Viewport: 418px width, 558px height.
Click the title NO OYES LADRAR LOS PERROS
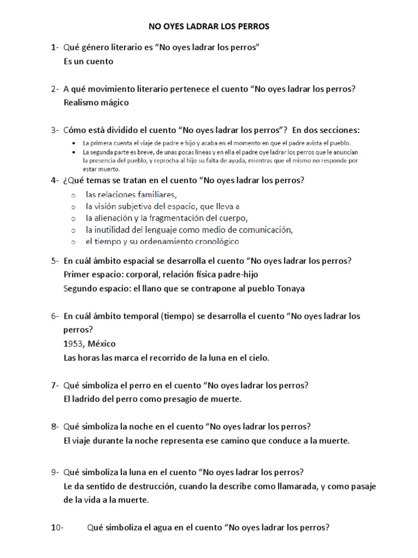209,26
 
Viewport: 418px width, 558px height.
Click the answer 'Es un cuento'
88,61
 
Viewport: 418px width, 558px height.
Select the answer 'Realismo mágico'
96,102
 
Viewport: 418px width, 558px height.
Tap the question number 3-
55,130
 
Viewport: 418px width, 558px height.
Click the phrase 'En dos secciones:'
326,130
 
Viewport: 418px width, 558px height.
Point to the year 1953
73,344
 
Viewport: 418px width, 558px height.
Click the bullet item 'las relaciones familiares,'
132,195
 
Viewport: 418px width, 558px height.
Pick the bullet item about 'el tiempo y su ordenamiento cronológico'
162,240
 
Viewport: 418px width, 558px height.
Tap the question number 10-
57,527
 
